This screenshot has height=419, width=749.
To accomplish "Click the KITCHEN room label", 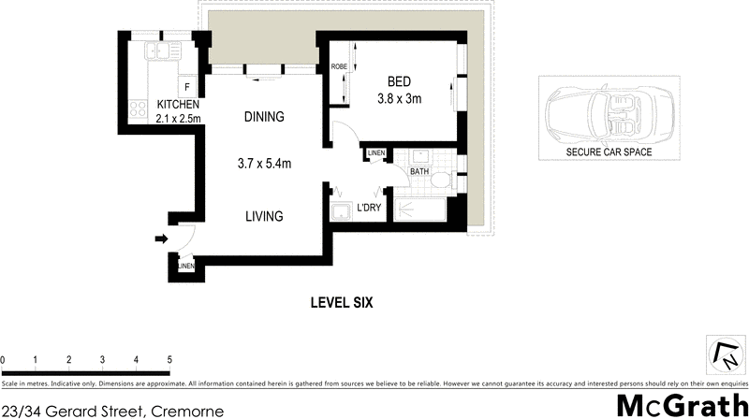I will (x=177, y=105).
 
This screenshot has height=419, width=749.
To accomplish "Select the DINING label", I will (x=263, y=117).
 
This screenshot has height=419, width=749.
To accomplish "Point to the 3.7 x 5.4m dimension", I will (x=264, y=164).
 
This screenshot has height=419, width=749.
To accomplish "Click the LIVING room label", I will (x=264, y=216).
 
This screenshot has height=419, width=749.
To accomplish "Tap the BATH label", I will (x=419, y=172).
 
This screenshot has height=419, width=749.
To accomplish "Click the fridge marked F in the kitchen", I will (x=186, y=88).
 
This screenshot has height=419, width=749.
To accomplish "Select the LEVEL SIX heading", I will (x=343, y=302).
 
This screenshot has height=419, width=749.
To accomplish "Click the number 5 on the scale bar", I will (x=169, y=359).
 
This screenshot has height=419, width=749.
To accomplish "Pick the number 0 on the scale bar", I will (x=4, y=359).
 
